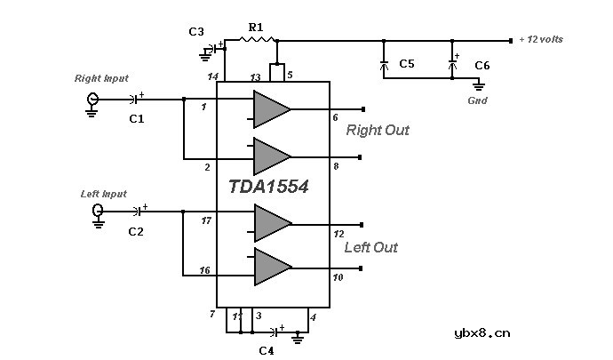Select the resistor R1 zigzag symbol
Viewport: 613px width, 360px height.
click(x=257, y=40)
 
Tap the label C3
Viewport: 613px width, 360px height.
click(x=196, y=32)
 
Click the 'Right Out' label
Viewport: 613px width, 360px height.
click(x=378, y=131)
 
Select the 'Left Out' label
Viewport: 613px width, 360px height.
click(x=371, y=248)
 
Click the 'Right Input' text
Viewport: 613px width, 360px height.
click(x=101, y=78)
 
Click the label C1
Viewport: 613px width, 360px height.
click(x=136, y=117)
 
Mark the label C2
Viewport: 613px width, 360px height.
click(x=136, y=232)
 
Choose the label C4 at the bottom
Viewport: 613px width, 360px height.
click(x=266, y=350)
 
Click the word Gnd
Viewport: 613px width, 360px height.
click(x=477, y=101)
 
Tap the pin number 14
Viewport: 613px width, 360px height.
click(x=213, y=78)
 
